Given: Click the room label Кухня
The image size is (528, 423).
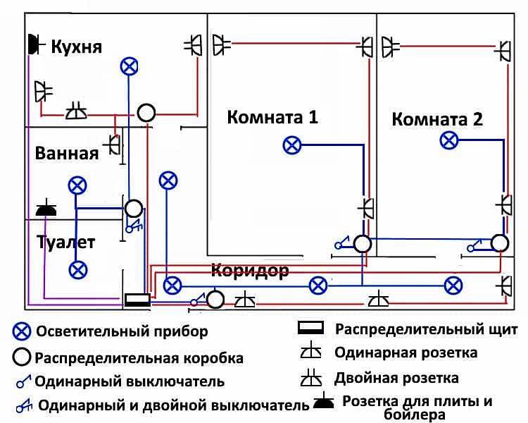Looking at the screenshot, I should (x=77, y=47).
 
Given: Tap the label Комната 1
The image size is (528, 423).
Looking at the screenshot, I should (x=272, y=117).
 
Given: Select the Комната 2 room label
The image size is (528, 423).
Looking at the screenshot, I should (x=437, y=119).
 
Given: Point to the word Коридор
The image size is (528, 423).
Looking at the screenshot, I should (x=249, y=271).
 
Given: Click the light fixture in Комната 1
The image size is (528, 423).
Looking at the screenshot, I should (x=291, y=145).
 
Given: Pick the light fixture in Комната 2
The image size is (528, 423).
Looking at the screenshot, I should (x=448, y=140).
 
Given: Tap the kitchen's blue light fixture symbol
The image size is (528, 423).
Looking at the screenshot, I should (x=128, y=66).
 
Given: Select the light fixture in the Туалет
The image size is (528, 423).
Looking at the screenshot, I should (x=78, y=269).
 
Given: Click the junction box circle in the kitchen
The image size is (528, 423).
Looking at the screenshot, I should (x=146, y=111).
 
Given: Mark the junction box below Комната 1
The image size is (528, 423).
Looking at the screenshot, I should (x=362, y=244).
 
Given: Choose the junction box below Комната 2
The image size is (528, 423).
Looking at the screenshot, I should (x=499, y=243).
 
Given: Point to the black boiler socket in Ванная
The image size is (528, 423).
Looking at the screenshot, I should (x=46, y=209).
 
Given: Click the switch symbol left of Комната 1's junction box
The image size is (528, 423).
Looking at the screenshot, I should (x=341, y=244).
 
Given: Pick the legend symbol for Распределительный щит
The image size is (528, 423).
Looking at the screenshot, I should (x=310, y=329).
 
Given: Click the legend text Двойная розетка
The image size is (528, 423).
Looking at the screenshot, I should (x=396, y=378).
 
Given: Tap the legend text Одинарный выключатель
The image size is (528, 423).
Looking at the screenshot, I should (x=130, y=381).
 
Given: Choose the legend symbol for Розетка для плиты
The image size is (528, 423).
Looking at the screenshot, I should (x=323, y=403).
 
